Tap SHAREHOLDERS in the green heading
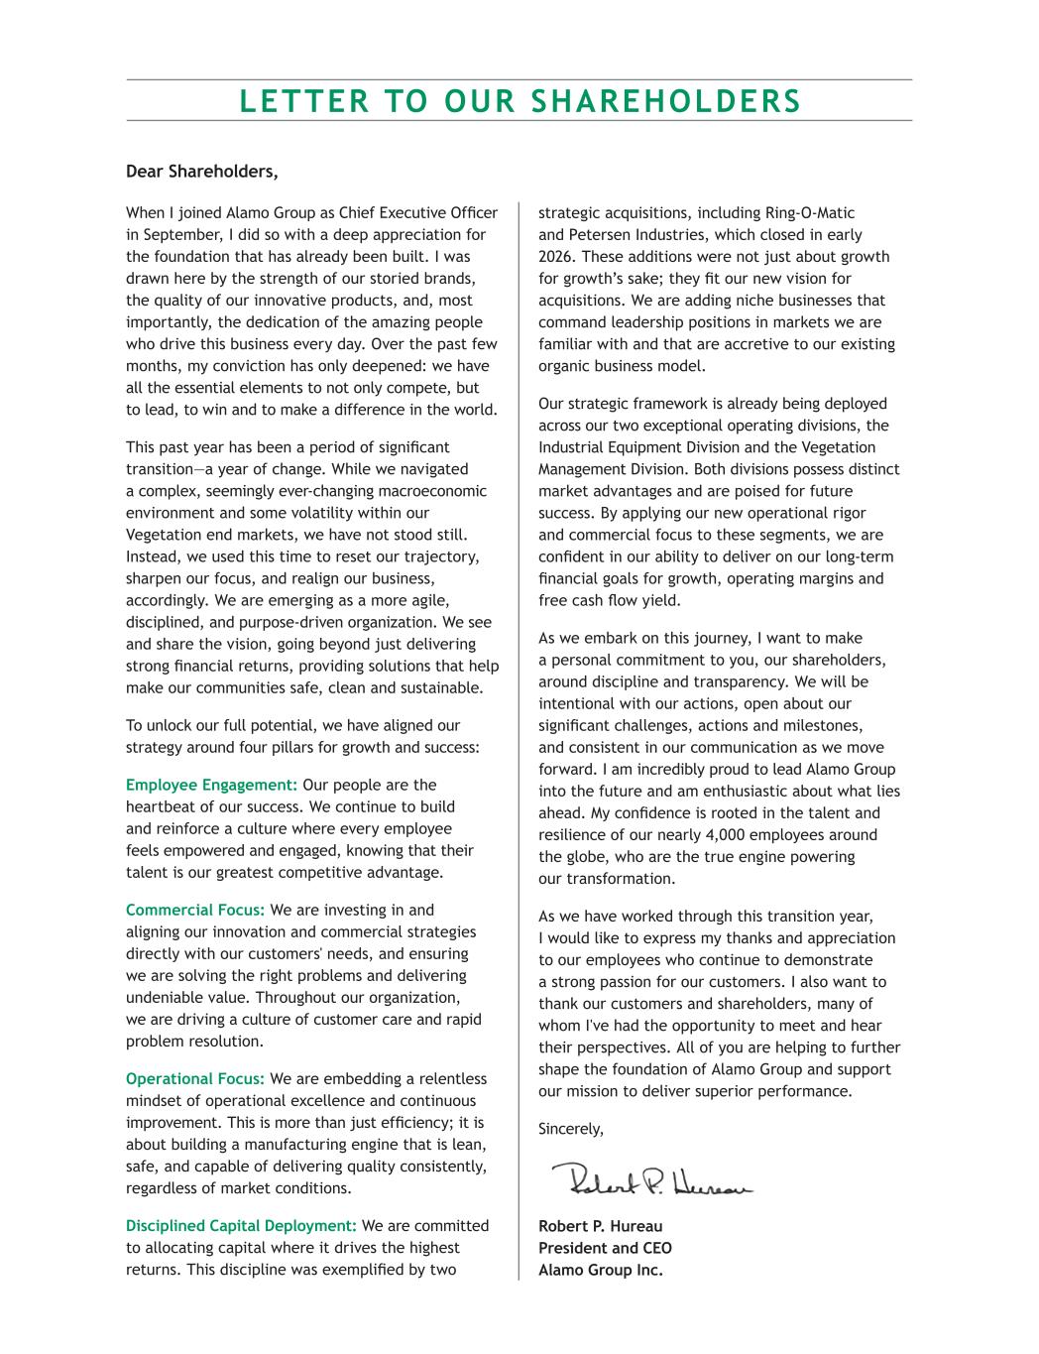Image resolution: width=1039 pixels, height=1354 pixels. pos(666,101)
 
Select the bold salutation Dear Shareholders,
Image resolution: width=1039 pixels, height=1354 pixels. pos(202,172)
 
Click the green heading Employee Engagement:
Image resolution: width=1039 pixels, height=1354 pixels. pos(211,785)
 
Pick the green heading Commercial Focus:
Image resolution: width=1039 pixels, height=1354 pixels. pos(195,910)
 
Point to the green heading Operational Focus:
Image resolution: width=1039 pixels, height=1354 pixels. pos(195,1078)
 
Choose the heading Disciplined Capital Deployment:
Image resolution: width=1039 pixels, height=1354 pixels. pos(241,1225)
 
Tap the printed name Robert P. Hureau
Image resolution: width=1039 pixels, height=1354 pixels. pos(600,1226)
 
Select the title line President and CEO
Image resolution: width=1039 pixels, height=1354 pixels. pos(605,1248)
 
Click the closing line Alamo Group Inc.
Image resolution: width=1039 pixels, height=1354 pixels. pos(600,1270)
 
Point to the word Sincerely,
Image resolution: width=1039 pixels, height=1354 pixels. pos(570,1129)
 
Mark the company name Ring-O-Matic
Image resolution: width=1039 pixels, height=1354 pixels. pos(810,213)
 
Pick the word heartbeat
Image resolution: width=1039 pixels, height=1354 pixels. pos(163,806)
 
